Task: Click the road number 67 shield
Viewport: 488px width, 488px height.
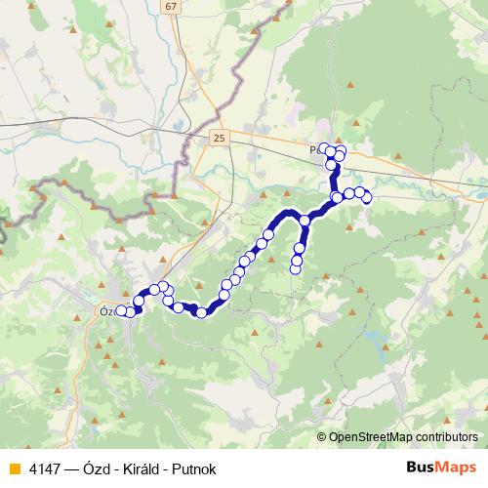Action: tap(172, 6)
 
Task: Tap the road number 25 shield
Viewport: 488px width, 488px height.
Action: tap(218, 139)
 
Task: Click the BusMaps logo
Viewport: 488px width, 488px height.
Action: tap(441, 466)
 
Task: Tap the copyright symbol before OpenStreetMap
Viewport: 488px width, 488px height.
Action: tap(322, 437)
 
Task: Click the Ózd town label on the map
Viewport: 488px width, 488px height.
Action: tap(106, 311)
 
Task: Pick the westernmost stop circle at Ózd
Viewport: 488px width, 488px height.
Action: tap(121, 311)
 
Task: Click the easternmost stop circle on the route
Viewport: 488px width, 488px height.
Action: tap(367, 198)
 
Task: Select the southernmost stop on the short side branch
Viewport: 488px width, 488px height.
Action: tap(297, 269)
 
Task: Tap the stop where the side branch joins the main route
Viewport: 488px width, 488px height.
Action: tap(305, 221)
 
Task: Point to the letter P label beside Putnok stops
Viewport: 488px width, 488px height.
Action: tap(313, 151)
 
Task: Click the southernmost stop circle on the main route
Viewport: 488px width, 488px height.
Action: tap(202, 312)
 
